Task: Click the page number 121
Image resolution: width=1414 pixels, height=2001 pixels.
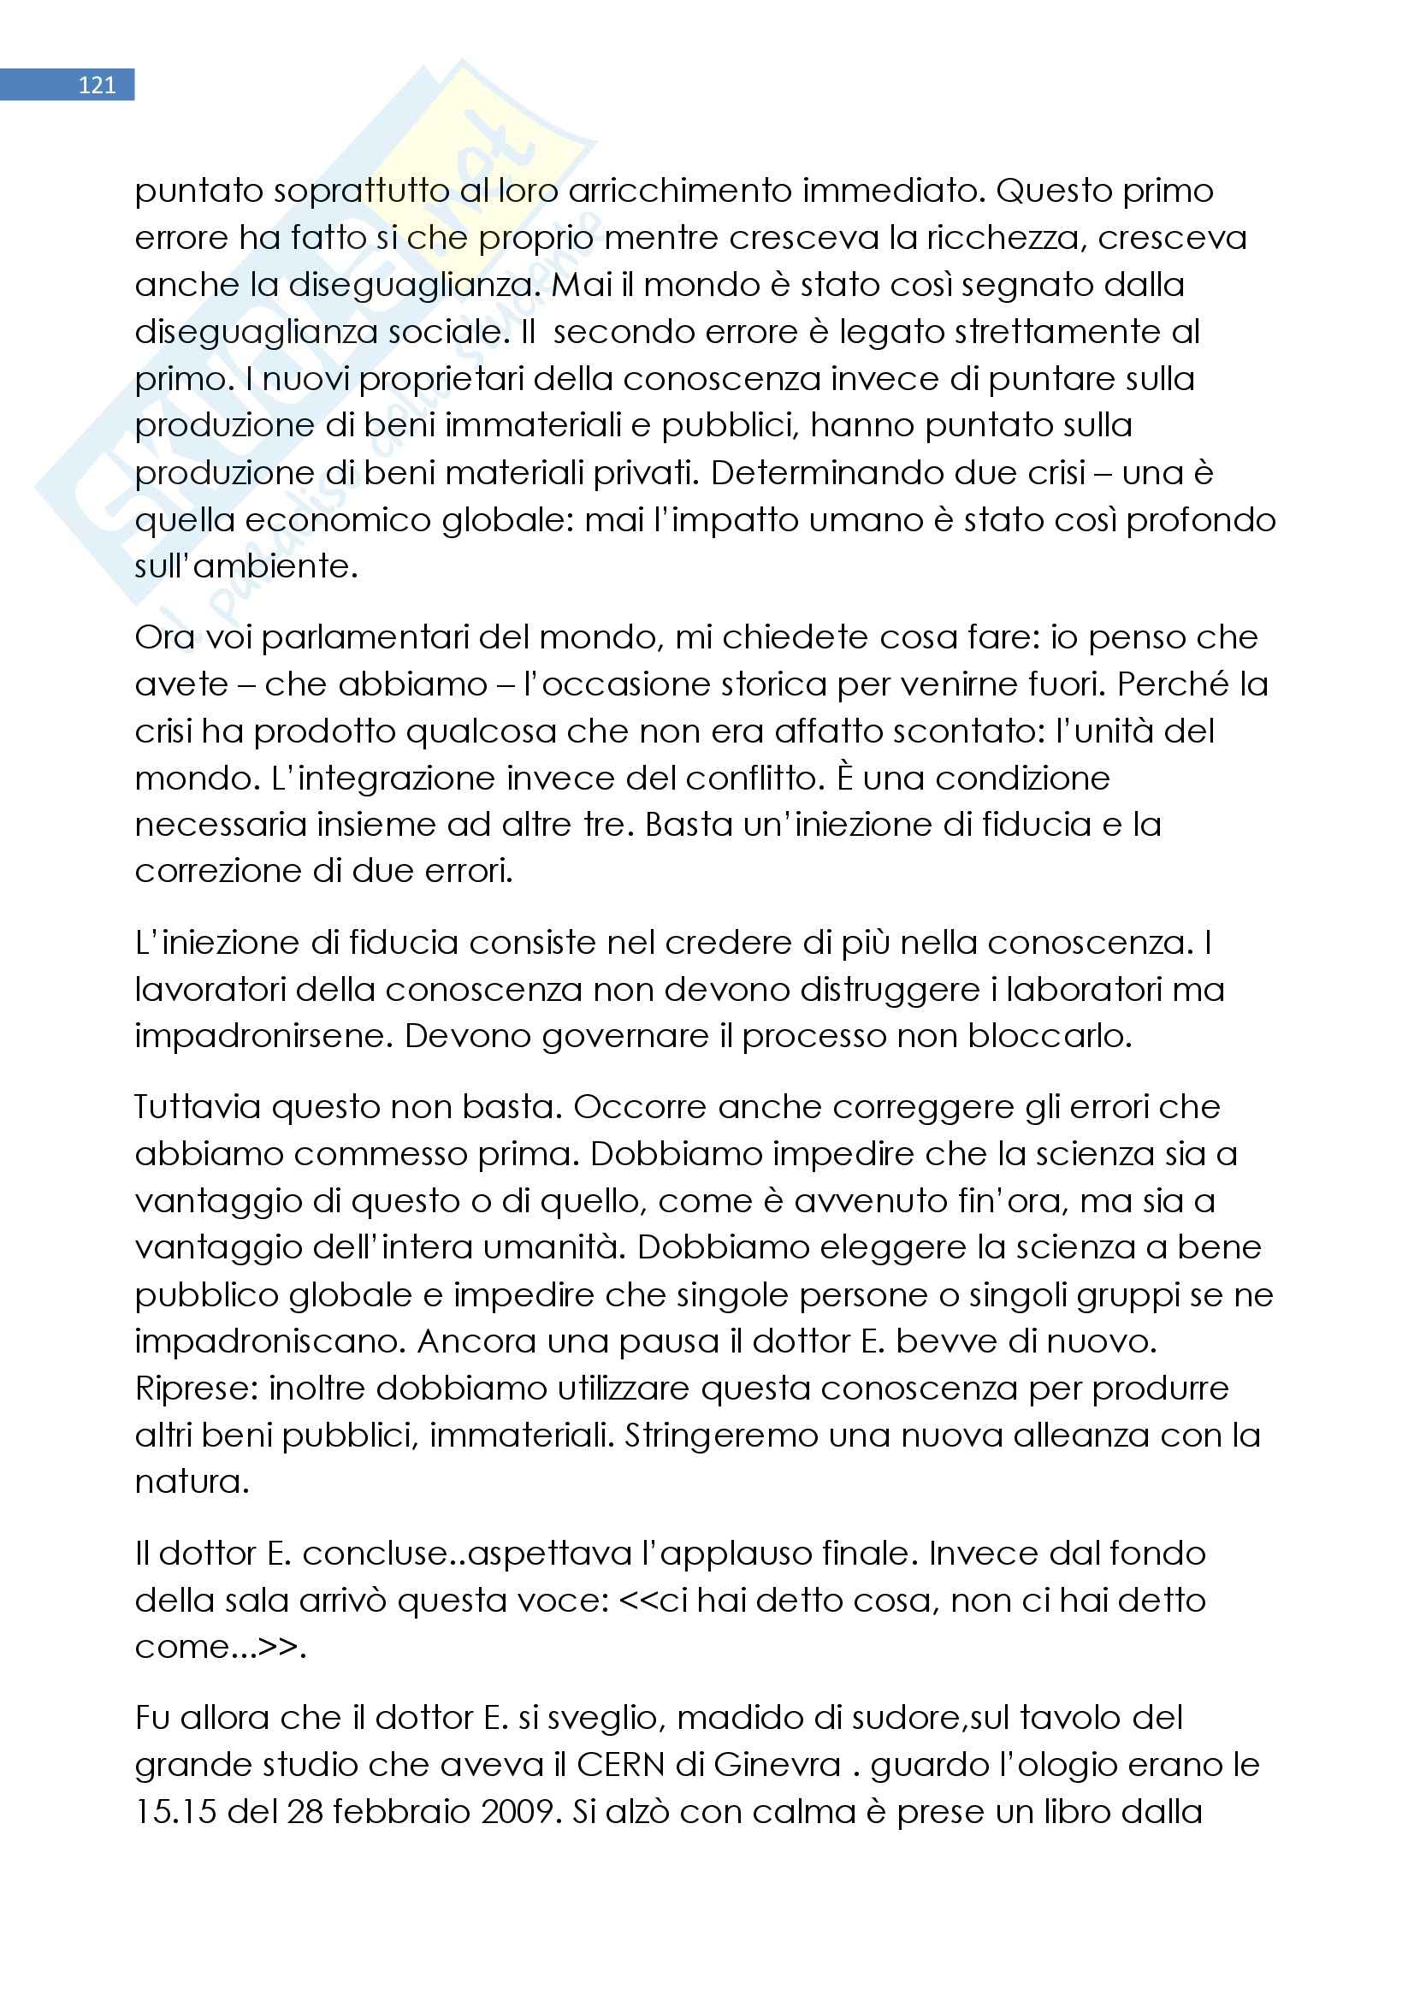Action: click(x=96, y=85)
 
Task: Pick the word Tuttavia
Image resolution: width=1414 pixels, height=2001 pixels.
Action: click(x=197, y=1107)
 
